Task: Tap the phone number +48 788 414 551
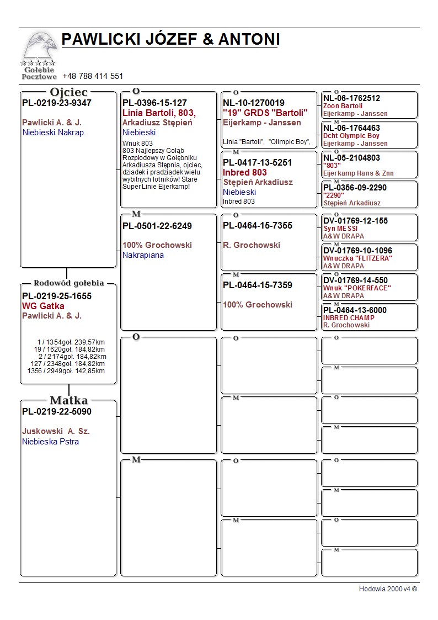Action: (93, 76)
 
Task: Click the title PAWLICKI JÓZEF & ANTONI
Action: (170, 40)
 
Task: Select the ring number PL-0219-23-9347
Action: (57, 103)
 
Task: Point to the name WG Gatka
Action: (43, 306)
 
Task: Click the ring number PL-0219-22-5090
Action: (57, 411)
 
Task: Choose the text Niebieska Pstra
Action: (50, 442)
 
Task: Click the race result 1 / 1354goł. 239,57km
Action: (71, 342)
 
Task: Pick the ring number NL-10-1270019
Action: (254, 103)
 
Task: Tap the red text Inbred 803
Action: (245, 172)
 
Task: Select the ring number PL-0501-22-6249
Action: (157, 226)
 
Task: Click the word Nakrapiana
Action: (143, 255)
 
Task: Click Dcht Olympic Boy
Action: (351, 136)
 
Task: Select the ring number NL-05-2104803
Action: (351, 158)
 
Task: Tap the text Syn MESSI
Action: (340, 229)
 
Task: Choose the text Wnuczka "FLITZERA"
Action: (357, 258)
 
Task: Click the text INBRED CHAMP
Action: (349, 318)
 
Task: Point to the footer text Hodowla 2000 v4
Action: (388, 589)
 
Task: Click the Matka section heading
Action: (69, 400)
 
